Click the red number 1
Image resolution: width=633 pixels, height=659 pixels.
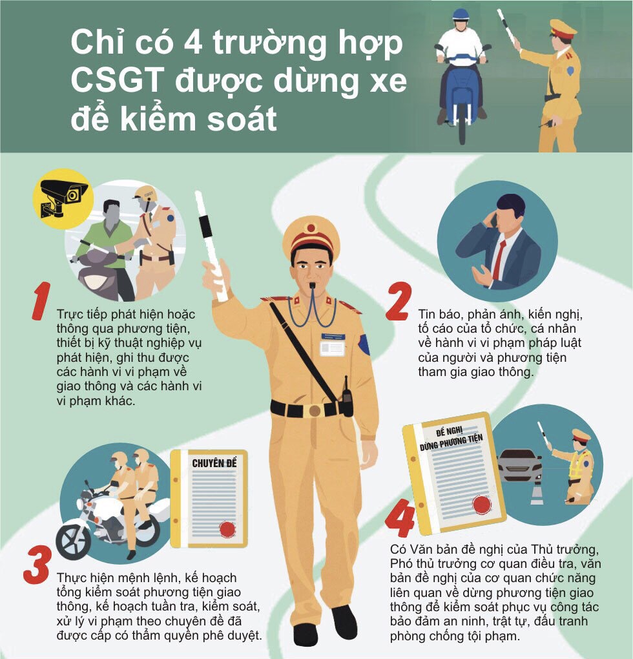coord(41,301)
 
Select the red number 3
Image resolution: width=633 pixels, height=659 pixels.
coord(37,565)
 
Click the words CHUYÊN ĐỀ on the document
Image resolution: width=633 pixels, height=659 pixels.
coord(214,463)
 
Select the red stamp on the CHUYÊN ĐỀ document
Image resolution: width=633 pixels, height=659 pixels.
coord(227,529)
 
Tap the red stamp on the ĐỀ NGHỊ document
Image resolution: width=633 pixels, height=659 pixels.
coord(482,505)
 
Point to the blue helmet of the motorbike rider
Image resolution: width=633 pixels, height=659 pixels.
coord(461,14)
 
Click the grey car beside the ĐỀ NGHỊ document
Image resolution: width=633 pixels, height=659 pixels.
coord(519,465)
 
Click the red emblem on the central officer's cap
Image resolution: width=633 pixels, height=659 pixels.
coord(311,228)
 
